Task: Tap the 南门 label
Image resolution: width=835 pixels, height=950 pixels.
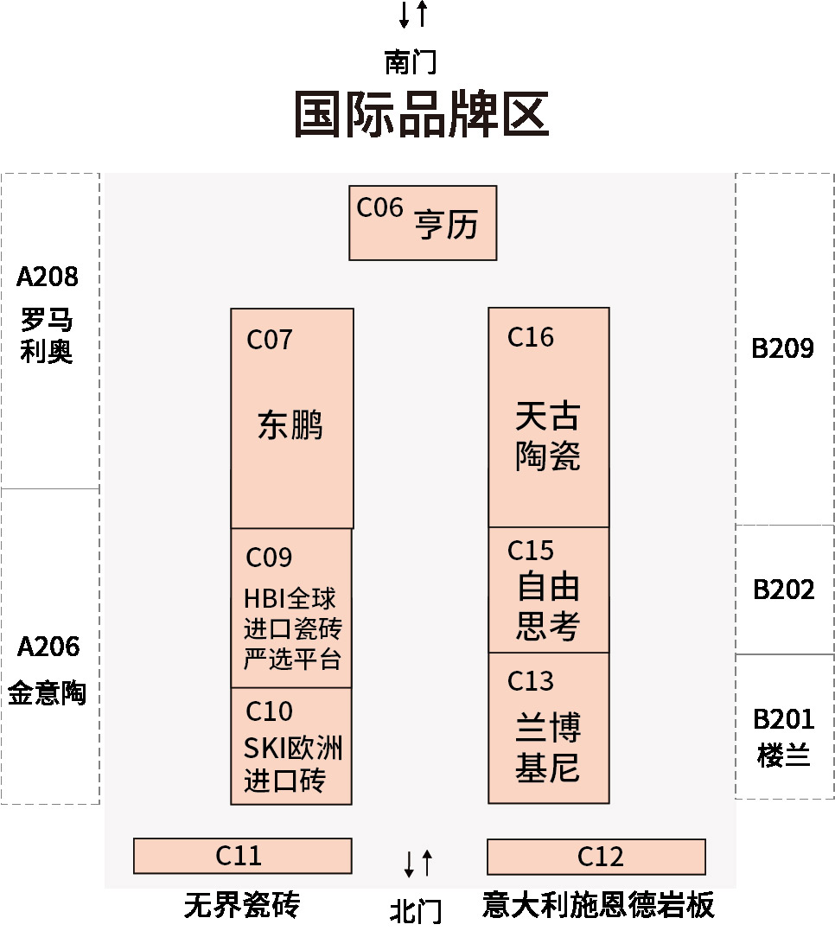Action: click(x=410, y=62)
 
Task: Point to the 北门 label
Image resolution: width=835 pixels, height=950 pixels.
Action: click(x=416, y=910)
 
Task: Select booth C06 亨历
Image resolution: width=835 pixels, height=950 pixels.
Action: click(x=423, y=223)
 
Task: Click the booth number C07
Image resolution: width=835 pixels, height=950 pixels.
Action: click(x=270, y=340)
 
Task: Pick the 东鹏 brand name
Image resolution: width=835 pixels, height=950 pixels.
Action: click(x=290, y=425)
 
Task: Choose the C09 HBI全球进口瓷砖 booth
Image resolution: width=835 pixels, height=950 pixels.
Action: click(x=291, y=608)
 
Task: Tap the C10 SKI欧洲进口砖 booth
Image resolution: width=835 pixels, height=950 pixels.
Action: click(x=291, y=746)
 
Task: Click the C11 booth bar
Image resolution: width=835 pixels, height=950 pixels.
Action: click(x=242, y=856)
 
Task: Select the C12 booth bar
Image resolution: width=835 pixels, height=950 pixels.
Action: click(x=596, y=857)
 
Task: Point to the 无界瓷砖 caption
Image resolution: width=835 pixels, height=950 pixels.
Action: click(x=242, y=905)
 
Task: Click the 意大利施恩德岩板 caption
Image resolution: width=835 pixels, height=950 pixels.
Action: click(x=598, y=905)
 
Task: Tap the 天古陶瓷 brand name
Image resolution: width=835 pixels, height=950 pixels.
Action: click(x=548, y=437)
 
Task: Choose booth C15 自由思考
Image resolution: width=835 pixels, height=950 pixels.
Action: click(x=548, y=590)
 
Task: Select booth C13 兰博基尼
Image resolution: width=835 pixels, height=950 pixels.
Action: click(x=548, y=729)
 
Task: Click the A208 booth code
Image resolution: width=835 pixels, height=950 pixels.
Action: click(x=48, y=277)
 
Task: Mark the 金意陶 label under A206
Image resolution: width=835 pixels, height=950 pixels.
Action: click(x=48, y=692)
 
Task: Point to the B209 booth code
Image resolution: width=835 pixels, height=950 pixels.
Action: click(x=783, y=348)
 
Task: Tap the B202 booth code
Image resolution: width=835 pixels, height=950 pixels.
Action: click(x=784, y=590)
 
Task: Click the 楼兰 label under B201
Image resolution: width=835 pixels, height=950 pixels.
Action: click(x=783, y=755)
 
